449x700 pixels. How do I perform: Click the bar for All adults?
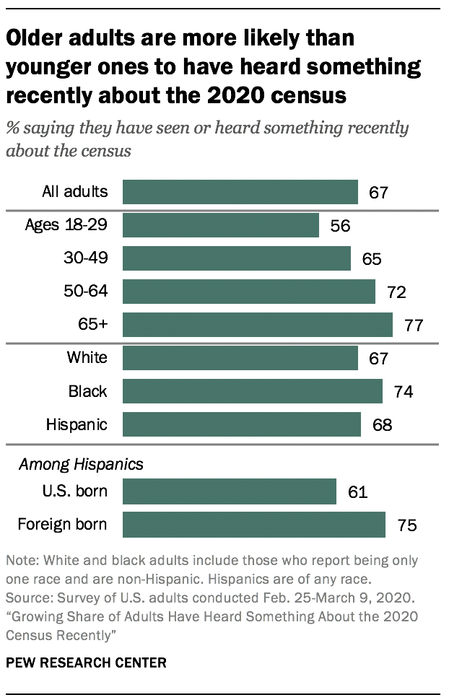240,192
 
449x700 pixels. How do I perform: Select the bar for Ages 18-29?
221,225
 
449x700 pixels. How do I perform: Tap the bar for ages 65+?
258,325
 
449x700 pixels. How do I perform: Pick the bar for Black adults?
252,391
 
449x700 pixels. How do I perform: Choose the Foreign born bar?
253,525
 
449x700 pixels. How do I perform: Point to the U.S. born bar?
229,491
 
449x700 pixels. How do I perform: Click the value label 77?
414,325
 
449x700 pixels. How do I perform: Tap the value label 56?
340,226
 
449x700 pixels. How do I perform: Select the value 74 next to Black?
404,392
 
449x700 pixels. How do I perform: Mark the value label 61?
357,492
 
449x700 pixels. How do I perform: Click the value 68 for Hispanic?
382,425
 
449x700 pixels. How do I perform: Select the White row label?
87,357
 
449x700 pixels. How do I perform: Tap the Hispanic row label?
77,424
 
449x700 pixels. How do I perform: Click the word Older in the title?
41,38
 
